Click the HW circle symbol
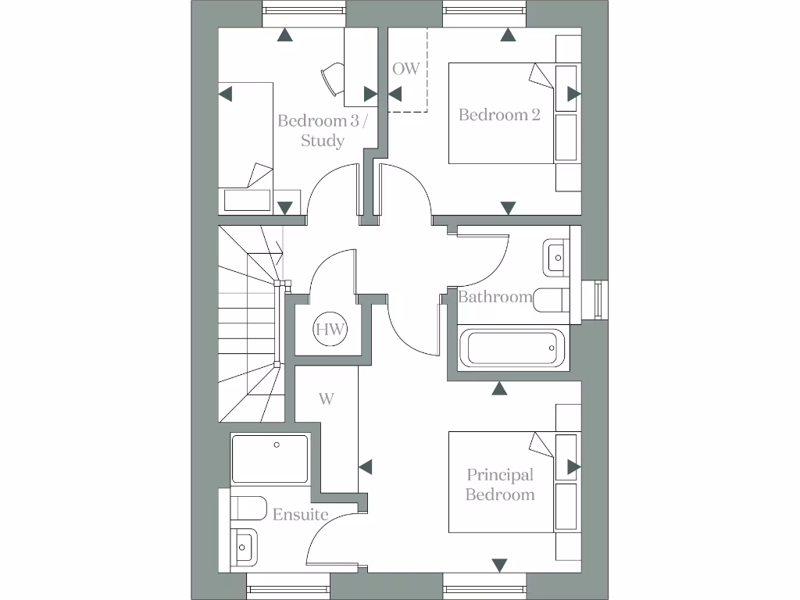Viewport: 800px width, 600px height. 331,329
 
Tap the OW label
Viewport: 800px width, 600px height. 405,69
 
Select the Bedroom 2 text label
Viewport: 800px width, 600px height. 499,115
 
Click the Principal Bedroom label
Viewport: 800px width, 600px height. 500,484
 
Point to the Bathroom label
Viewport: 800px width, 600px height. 495,297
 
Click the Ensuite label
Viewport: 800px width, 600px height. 300,514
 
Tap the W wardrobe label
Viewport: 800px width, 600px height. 327,398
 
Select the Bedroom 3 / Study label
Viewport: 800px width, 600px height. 322,130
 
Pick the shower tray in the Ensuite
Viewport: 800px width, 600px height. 270,459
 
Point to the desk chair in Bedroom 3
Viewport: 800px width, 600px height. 330,77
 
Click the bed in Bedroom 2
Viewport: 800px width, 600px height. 500,113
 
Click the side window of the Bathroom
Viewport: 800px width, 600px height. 599,299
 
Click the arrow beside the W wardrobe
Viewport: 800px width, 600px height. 365,466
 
